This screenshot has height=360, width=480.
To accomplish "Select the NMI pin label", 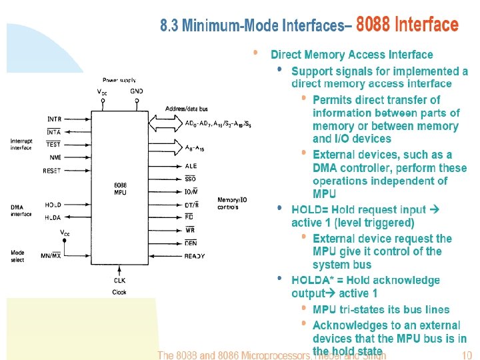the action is click(55, 157).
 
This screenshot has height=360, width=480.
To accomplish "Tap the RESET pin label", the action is click(52, 171).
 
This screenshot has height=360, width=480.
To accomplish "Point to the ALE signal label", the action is click(191, 166).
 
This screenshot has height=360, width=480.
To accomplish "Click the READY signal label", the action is click(195, 255).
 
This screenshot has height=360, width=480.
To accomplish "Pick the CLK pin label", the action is click(119, 281).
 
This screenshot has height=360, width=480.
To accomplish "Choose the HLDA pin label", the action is click(53, 217).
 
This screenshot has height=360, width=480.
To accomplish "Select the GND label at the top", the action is click(137, 91).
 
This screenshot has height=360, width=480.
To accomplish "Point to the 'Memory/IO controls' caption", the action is click(232, 203).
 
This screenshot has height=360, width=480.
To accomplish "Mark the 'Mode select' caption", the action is click(17, 257).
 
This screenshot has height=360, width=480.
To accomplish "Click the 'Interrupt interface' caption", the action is click(21, 144).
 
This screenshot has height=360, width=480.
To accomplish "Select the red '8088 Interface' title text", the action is click(407, 25).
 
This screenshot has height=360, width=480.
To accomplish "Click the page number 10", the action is click(466, 355).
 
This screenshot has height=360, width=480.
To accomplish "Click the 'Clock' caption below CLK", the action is click(119, 292).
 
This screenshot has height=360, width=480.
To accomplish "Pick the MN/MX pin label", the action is click(51, 255).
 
